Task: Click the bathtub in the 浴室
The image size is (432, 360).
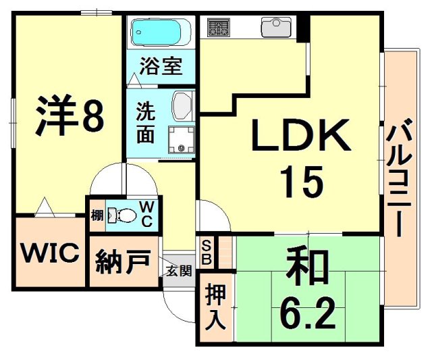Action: [158, 32]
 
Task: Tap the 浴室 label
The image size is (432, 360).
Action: [161, 68]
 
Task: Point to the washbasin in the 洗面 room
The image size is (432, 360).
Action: [183, 106]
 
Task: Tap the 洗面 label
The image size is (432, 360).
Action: [145, 122]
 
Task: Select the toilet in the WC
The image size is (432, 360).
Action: [122, 215]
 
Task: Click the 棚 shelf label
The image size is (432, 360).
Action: [97, 215]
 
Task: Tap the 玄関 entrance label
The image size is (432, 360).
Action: [178, 271]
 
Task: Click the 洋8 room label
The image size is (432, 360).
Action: [70, 116]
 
